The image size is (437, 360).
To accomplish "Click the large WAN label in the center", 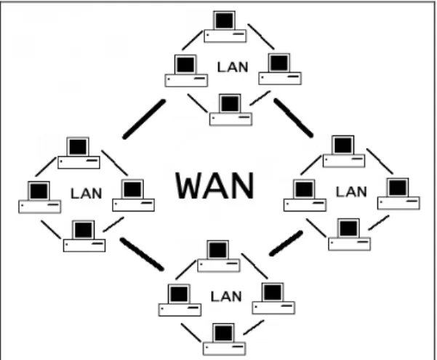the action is click(215, 185).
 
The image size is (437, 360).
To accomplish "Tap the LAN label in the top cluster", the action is click(233, 67).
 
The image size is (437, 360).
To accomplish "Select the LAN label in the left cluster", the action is click(86, 193).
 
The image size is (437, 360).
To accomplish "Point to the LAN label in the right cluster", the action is click(351, 192).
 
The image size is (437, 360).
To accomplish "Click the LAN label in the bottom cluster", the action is click(226, 297).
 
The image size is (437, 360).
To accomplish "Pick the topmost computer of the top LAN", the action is click(225, 27).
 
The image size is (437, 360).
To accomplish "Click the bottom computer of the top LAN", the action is click(230, 110).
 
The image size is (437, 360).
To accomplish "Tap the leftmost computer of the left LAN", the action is click(39, 197).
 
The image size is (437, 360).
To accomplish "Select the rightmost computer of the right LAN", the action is click(398, 193).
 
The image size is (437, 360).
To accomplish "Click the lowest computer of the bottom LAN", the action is click(225, 339).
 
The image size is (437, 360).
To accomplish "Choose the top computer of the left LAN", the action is click(79, 153).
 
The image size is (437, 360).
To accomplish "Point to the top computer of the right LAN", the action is click(344, 151).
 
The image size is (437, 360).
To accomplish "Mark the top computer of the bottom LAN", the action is click(218, 256).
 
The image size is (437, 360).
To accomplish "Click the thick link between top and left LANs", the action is click(145, 119).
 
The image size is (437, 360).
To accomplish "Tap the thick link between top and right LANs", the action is click(293, 118).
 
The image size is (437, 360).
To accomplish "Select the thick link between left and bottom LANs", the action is click(142, 254).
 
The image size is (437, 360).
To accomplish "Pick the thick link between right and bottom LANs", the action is click(286, 243).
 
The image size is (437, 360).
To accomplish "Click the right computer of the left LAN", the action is click(134, 196).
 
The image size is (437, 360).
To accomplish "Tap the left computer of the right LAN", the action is click(305, 196).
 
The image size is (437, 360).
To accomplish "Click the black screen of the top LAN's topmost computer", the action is click(224, 20).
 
